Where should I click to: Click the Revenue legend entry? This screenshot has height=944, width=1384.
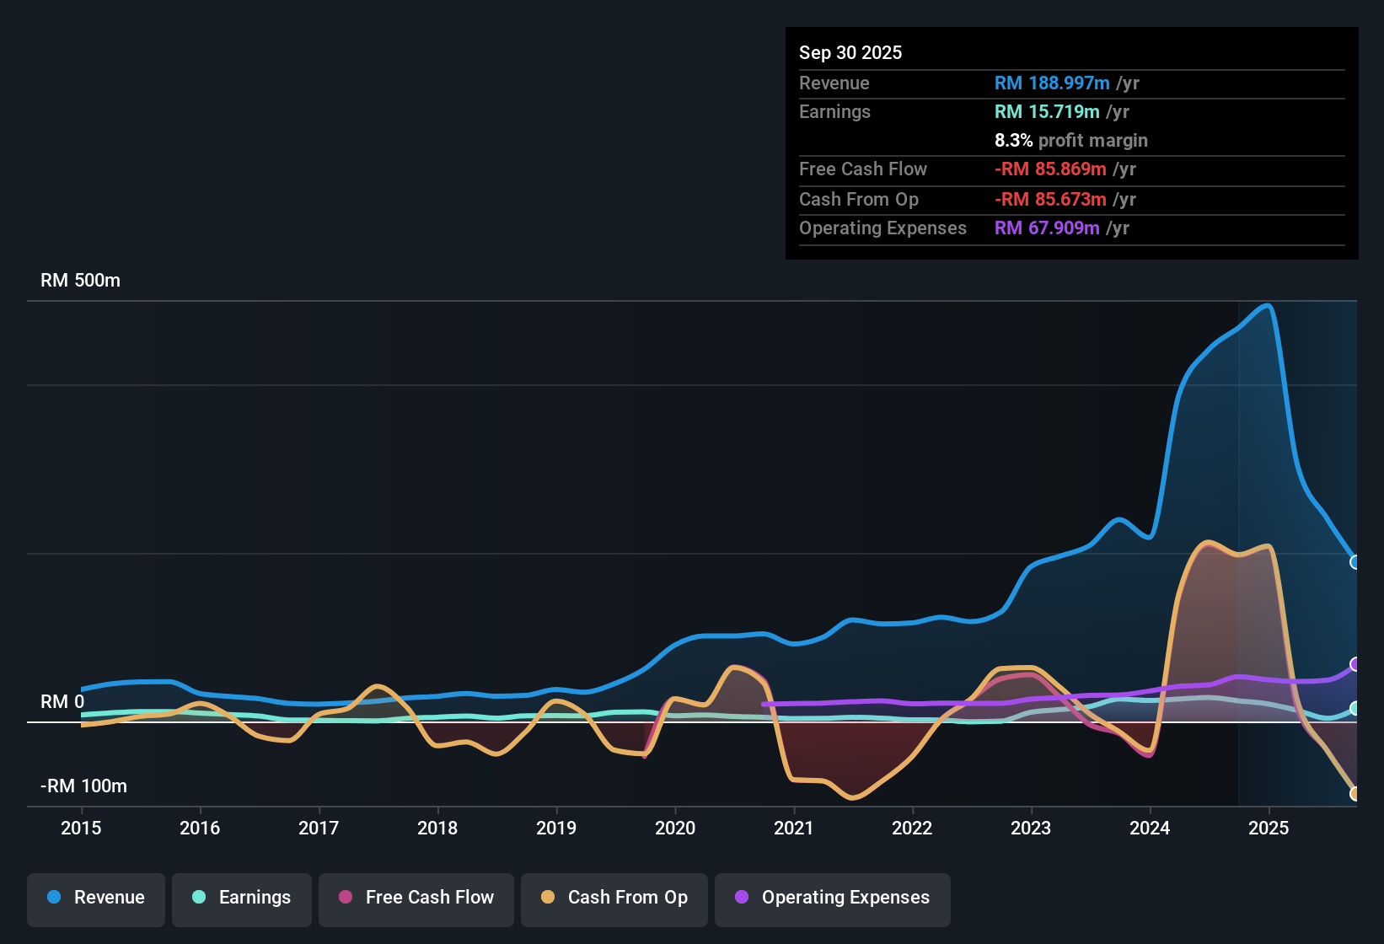click(96, 898)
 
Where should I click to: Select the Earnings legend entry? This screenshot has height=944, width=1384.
click(242, 898)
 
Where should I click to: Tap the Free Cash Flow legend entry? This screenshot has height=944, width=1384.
click(416, 898)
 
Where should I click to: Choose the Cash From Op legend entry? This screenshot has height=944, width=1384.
click(614, 898)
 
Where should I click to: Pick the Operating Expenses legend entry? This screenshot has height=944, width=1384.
click(833, 898)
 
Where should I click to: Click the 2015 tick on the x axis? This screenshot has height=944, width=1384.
click(81, 828)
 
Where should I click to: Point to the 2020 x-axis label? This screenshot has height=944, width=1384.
click(675, 828)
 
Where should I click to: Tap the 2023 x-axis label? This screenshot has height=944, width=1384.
click(1031, 828)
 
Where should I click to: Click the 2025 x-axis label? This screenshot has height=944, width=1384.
click(1269, 828)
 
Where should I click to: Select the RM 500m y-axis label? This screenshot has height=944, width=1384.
click(80, 281)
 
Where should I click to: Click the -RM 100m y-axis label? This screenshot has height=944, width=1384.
click(83, 786)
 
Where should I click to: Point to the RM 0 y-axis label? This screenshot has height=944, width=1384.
click(62, 702)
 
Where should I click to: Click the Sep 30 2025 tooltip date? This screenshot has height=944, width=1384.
click(850, 53)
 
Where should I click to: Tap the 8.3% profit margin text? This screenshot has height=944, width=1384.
click(1070, 141)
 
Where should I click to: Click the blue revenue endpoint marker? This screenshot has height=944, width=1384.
click(1354, 562)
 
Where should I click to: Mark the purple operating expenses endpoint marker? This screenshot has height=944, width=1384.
click(1354, 664)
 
